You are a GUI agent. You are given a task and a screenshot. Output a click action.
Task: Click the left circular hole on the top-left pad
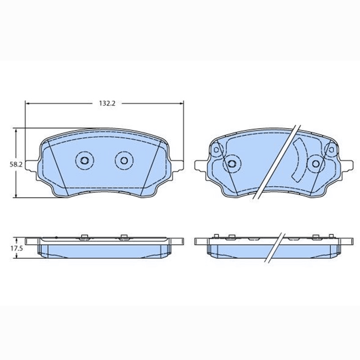84,160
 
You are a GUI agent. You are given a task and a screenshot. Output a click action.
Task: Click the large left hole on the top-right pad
232,163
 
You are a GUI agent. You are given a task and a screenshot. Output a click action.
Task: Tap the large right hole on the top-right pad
316,163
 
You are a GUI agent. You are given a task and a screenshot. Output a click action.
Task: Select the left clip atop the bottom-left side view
84,237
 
